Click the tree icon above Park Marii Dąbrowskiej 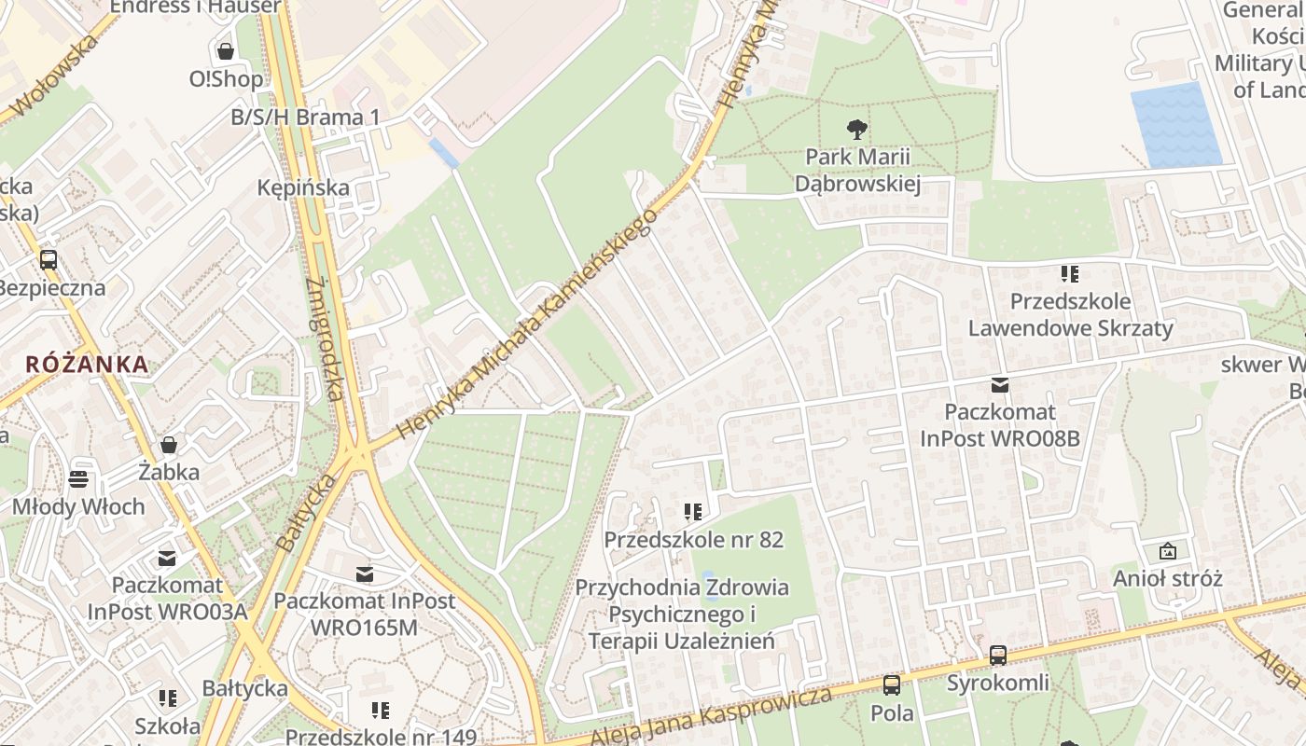pyautogui.click(x=856, y=130)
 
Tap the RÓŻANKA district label pyautogui.click(x=87, y=364)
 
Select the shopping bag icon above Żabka pyautogui.click(x=169, y=445)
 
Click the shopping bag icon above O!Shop pyautogui.click(x=225, y=50)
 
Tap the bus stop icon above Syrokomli pyautogui.click(x=998, y=656)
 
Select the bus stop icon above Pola pyautogui.click(x=892, y=685)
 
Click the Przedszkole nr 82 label pyautogui.click(x=693, y=540)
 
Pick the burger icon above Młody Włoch pyautogui.click(x=79, y=479)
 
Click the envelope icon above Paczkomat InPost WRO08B pyautogui.click(x=1000, y=385)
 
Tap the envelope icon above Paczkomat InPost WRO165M pyautogui.click(x=364, y=573)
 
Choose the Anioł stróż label pyautogui.click(x=1167, y=578)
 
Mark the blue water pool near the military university pyautogui.click(x=1175, y=125)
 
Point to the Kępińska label pyautogui.click(x=303, y=187)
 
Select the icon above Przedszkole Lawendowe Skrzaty pyautogui.click(x=1069, y=274)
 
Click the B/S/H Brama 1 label pyautogui.click(x=305, y=117)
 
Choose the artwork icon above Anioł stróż pyautogui.click(x=1167, y=551)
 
